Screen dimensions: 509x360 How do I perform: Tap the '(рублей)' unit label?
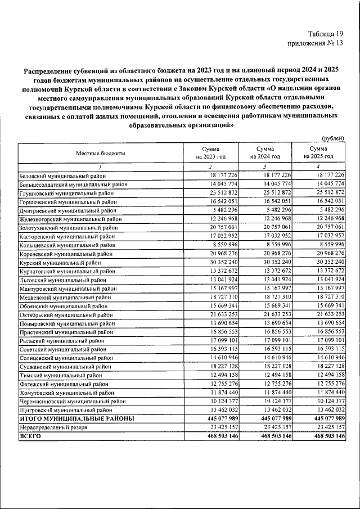click(332, 138)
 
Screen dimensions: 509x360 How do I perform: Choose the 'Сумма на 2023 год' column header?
click(211, 152)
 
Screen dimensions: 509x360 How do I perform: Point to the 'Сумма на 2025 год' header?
click(318, 152)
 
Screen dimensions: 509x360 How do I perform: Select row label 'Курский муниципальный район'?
click(61, 262)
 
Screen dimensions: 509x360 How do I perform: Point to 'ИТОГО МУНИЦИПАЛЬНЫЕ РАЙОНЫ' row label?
click(77, 418)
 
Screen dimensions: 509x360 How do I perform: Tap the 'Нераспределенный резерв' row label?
click(54, 427)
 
